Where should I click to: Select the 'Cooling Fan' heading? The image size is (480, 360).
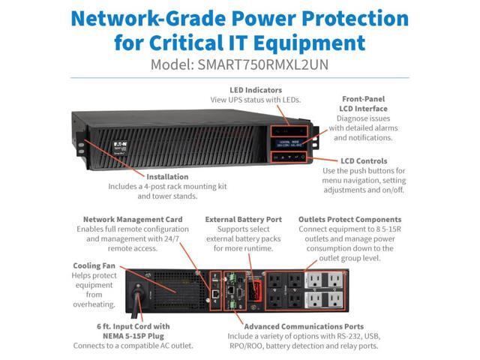point(93,265)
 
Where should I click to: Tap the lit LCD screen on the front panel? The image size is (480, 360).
point(288,140)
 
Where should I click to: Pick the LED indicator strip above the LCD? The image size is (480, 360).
point(288,122)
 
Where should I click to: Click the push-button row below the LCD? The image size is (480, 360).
point(288,157)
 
